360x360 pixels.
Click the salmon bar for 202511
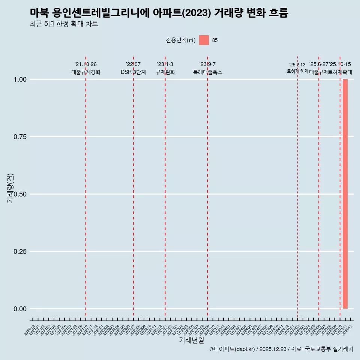coord(345,194)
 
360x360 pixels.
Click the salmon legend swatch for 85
coord(204,40)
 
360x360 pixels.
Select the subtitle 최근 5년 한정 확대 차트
coord(64,24)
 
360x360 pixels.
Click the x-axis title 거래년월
coord(191,340)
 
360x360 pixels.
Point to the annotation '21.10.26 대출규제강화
coord(86,68)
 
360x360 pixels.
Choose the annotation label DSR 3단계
coord(133,72)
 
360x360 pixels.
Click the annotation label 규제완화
coord(165,72)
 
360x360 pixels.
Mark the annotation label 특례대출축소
coord(208,72)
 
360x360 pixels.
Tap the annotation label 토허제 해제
coord(297,71)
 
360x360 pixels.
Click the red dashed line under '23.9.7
coord(207,187)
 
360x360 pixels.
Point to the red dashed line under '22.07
coord(133,187)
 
